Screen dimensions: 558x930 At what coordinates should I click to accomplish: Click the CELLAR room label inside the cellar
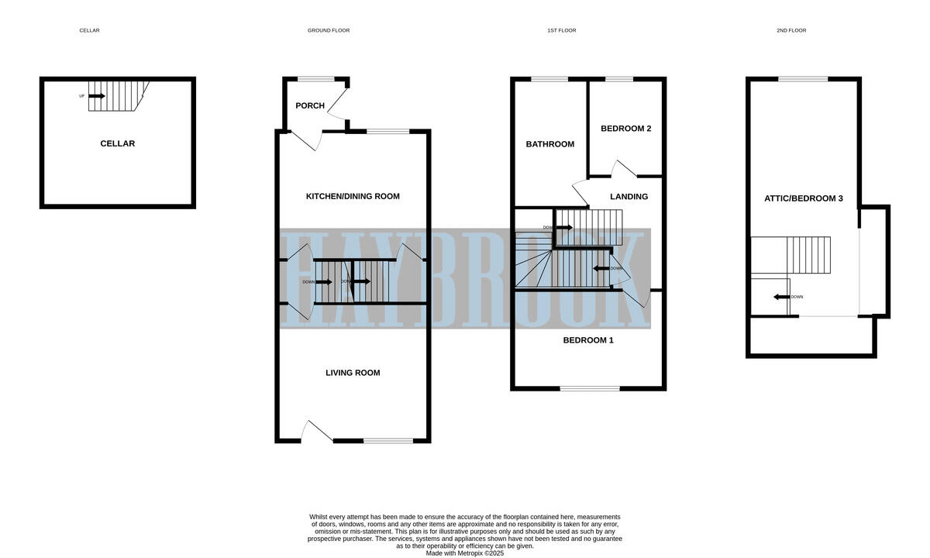[x=117, y=143]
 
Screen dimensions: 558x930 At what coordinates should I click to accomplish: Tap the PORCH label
[x=310, y=105]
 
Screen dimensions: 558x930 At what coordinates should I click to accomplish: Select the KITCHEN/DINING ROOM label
[x=353, y=196]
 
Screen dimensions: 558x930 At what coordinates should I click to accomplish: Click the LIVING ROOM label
[x=353, y=373]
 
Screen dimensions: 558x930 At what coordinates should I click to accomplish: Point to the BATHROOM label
[x=550, y=144]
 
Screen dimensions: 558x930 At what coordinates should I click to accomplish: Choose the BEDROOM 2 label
[x=625, y=129]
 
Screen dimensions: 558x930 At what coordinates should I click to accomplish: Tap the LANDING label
[x=629, y=197]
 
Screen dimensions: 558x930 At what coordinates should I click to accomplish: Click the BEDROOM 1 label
[x=588, y=340]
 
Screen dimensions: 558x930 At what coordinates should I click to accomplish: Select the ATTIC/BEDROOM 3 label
[x=804, y=198]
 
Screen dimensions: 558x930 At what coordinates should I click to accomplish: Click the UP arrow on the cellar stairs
[x=96, y=96]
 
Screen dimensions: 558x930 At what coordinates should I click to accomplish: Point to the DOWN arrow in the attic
[x=782, y=297]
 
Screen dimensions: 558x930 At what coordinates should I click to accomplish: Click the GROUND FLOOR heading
[x=329, y=30]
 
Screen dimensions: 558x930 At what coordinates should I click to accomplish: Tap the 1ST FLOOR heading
[x=561, y=30]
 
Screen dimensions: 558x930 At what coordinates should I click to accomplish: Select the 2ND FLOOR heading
[x=791, y=30]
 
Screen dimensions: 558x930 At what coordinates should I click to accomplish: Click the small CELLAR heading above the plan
[x=89, y=30]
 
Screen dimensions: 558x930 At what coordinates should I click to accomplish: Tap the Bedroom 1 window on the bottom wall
[x=590, y=388]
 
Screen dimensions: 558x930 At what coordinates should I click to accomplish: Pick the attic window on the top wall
[x=803, y=78]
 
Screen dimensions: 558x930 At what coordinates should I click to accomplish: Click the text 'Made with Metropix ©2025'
[x=465, y=553]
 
